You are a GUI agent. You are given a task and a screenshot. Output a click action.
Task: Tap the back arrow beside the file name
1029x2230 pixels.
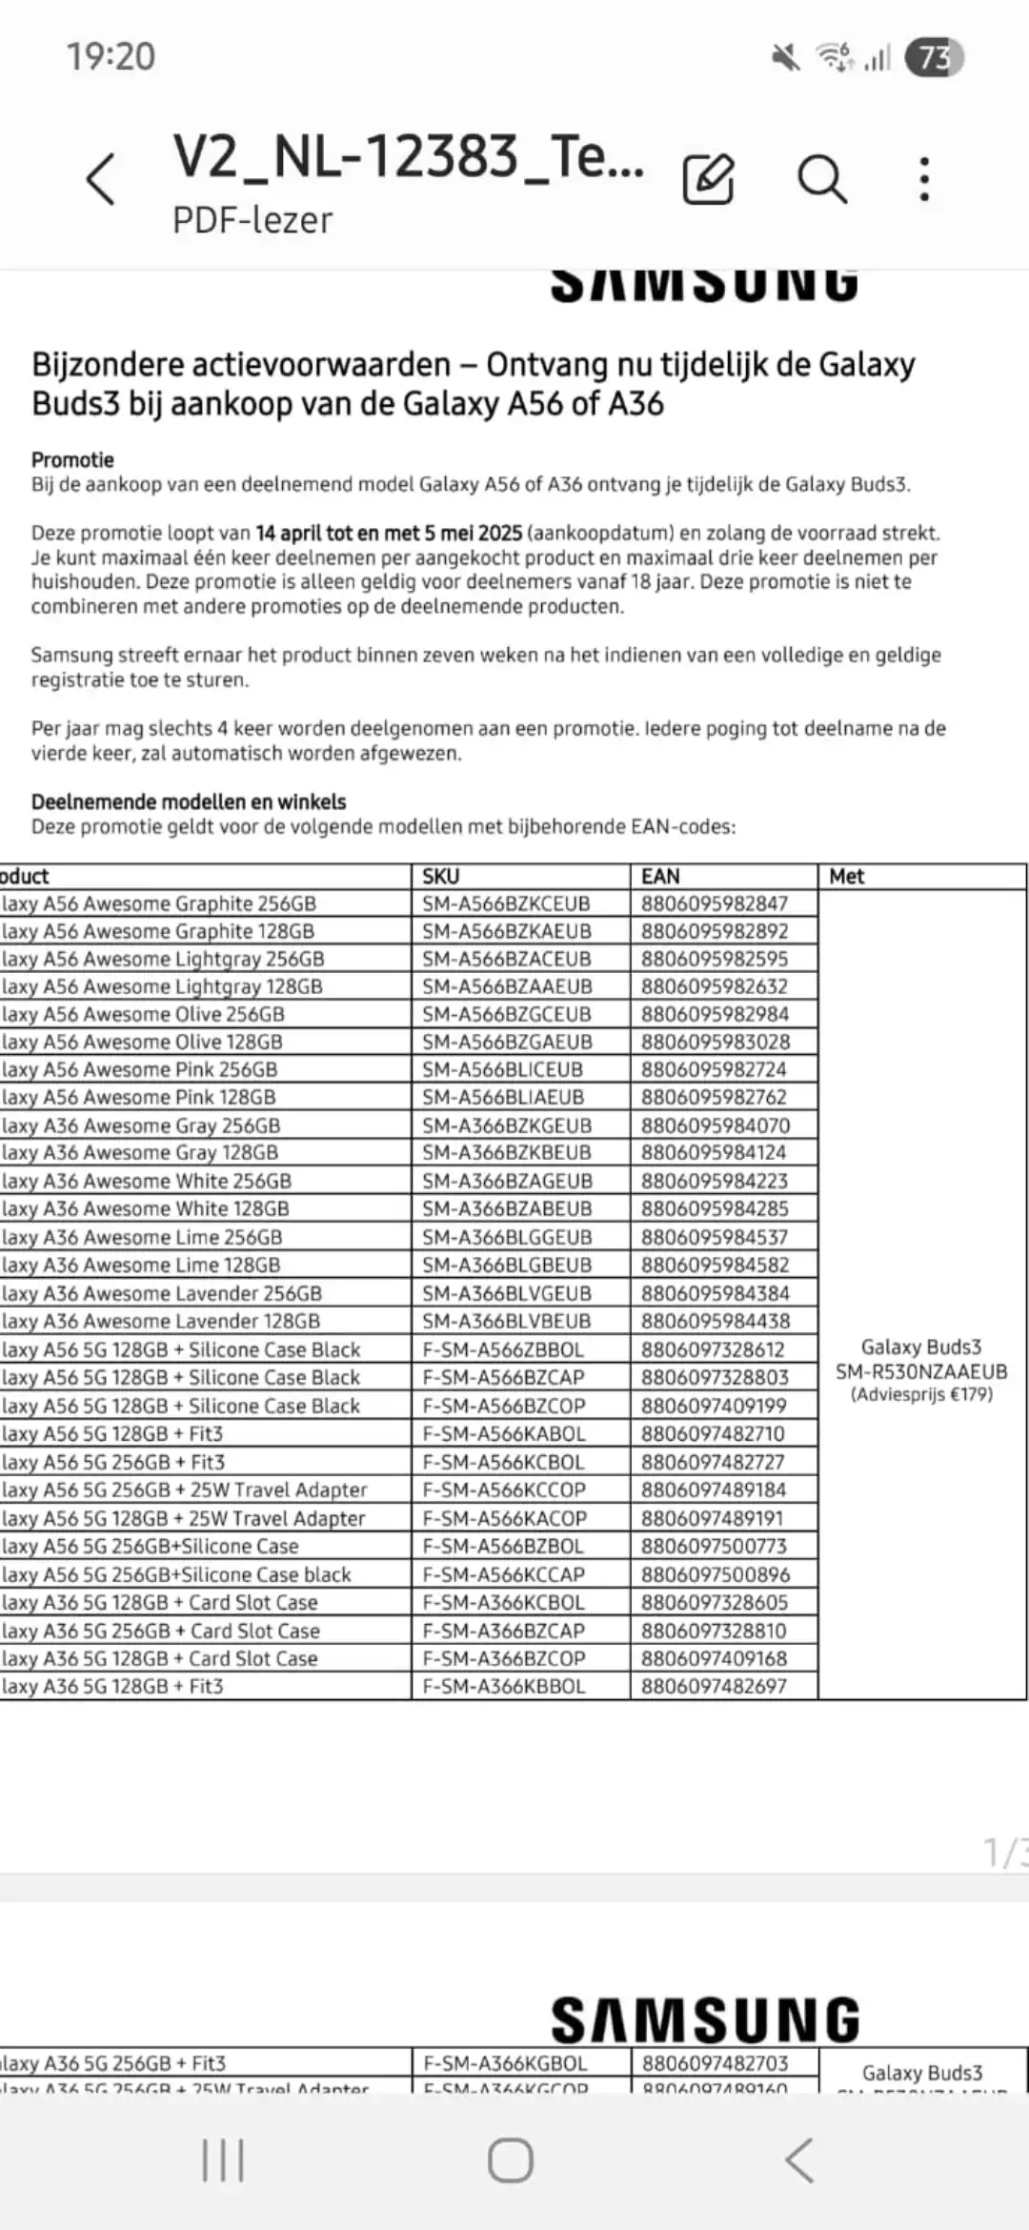click(100, 179)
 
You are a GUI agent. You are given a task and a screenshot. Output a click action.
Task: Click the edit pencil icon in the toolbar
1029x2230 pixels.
click(708, 178)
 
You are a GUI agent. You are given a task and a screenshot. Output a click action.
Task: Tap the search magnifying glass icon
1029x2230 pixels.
click(821, 178)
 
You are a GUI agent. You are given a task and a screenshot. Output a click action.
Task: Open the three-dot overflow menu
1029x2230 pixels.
click(923, 178)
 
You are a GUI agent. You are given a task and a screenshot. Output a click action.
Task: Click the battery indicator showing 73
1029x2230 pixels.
click(934, 58)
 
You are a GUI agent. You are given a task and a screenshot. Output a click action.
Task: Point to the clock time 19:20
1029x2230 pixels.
click(111, 56)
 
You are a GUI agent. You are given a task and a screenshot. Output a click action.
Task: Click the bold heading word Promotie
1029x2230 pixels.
click(72, 459)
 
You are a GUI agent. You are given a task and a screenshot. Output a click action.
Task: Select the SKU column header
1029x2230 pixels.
click(441, 876)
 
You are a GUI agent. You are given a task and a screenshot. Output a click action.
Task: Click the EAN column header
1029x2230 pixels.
click(660, 876)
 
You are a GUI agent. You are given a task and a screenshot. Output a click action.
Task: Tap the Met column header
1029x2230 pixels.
click(846, 876)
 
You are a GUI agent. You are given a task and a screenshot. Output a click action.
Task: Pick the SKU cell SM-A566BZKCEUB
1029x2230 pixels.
click(506, 903)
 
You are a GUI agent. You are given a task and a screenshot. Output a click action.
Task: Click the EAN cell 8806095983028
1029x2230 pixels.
click(715, 1042)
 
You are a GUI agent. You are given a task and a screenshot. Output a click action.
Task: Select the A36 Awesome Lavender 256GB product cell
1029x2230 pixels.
click(162, 1293)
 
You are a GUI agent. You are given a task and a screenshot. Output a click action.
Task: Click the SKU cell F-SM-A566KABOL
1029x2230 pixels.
click(504, 1433)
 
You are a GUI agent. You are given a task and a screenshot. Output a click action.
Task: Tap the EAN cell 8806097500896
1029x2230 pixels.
click(715, 1574)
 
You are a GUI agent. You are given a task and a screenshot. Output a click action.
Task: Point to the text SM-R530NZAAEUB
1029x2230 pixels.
click(921, 1371)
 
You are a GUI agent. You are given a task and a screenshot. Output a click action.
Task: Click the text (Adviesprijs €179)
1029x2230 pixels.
click(921, 1394)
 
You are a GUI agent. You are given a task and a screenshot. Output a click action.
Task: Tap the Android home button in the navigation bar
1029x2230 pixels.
click(511, 2159)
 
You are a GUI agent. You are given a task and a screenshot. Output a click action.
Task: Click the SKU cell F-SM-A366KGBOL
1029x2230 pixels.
click(505, 2063)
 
